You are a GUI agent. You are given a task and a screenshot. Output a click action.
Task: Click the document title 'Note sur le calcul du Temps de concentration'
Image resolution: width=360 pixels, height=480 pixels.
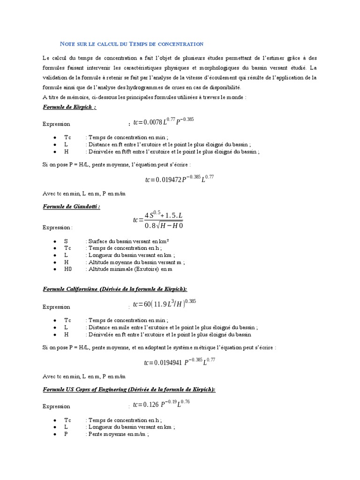pyautogui.click(x=133, y=44)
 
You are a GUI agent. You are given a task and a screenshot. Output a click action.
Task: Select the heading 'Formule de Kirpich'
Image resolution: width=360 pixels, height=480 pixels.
pyautogui.click(x=69, y=107)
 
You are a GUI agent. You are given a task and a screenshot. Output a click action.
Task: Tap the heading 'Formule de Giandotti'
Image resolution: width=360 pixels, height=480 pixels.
pyautogui.click(x=72, y=206)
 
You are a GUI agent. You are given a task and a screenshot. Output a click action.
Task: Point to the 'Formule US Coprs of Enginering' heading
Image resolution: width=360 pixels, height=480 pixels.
pyautogui.click(x=129, y=389)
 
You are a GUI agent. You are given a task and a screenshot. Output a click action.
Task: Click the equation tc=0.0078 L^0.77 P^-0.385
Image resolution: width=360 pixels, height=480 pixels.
pyautogui.click(x=164, y=122)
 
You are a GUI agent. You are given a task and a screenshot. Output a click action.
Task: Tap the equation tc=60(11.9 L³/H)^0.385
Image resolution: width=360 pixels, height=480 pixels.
pyautogui.click(x=165, y=303)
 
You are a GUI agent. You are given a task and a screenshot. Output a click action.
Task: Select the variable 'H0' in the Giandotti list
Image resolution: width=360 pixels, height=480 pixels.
pyautogui.click(x=68, y=270)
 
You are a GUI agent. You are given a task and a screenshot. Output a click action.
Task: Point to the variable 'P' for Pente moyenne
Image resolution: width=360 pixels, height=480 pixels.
pyautogui.click(x=66, y=435)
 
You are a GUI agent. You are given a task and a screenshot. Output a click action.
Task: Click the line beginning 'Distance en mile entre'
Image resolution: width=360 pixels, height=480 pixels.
pyautogui.click(x=171, y=327)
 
